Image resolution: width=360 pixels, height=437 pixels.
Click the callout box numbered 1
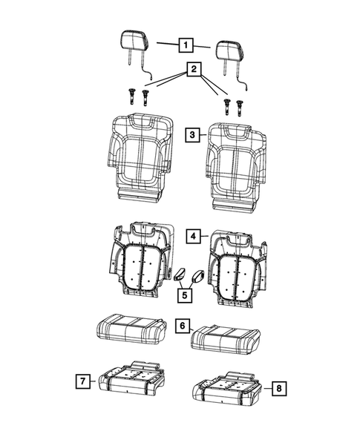point(183,45)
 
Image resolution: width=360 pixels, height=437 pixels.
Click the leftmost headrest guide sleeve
point(131,96)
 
